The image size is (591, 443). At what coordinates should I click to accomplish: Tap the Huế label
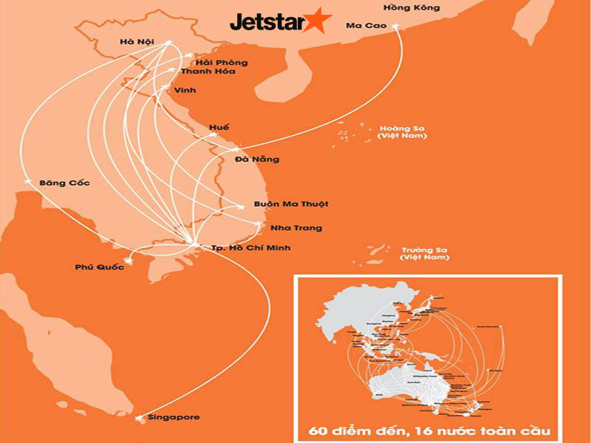point(219,128)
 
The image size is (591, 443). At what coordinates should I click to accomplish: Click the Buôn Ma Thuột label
point(291,204)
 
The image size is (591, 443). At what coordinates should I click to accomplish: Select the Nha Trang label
point(298,228)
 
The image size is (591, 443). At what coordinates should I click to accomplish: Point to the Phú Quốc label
point(99,267)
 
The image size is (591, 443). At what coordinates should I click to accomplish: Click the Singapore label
point(174,417)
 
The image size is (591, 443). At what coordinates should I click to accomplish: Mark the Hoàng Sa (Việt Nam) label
point(402,131)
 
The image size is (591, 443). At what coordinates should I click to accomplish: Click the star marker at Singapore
point(140,419)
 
